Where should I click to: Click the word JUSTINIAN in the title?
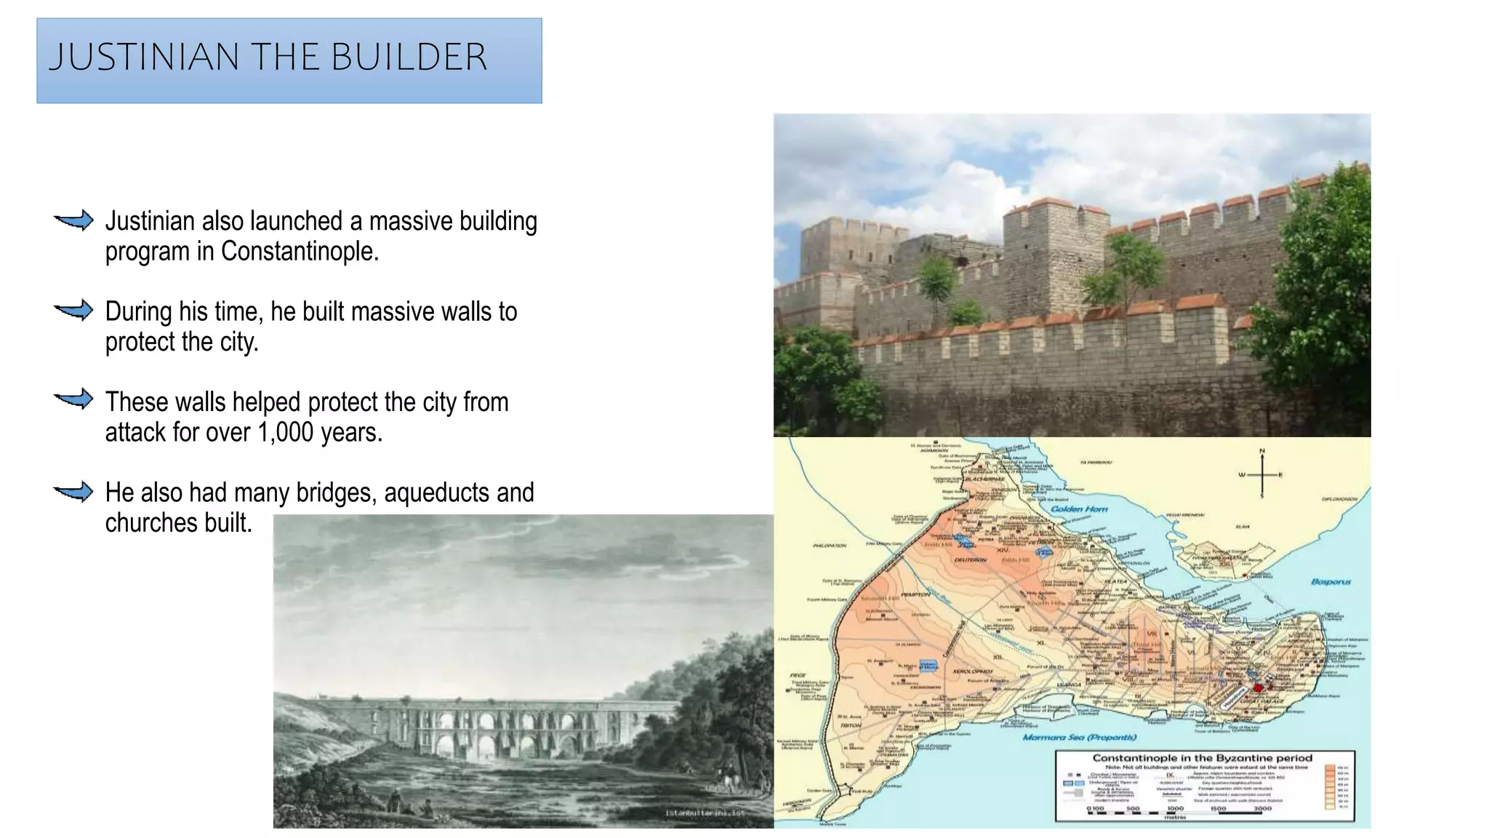click(144, 57)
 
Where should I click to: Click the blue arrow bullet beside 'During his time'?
click(74, 311)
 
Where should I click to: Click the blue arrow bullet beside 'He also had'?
click(74, 492)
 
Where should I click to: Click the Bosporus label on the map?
click(1331, 581)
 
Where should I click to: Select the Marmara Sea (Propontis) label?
click(1079, 737)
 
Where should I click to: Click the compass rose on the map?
click(1261, 474)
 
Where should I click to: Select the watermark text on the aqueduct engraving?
click(705, 813)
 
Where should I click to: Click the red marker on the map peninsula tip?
click(1258, 688)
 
